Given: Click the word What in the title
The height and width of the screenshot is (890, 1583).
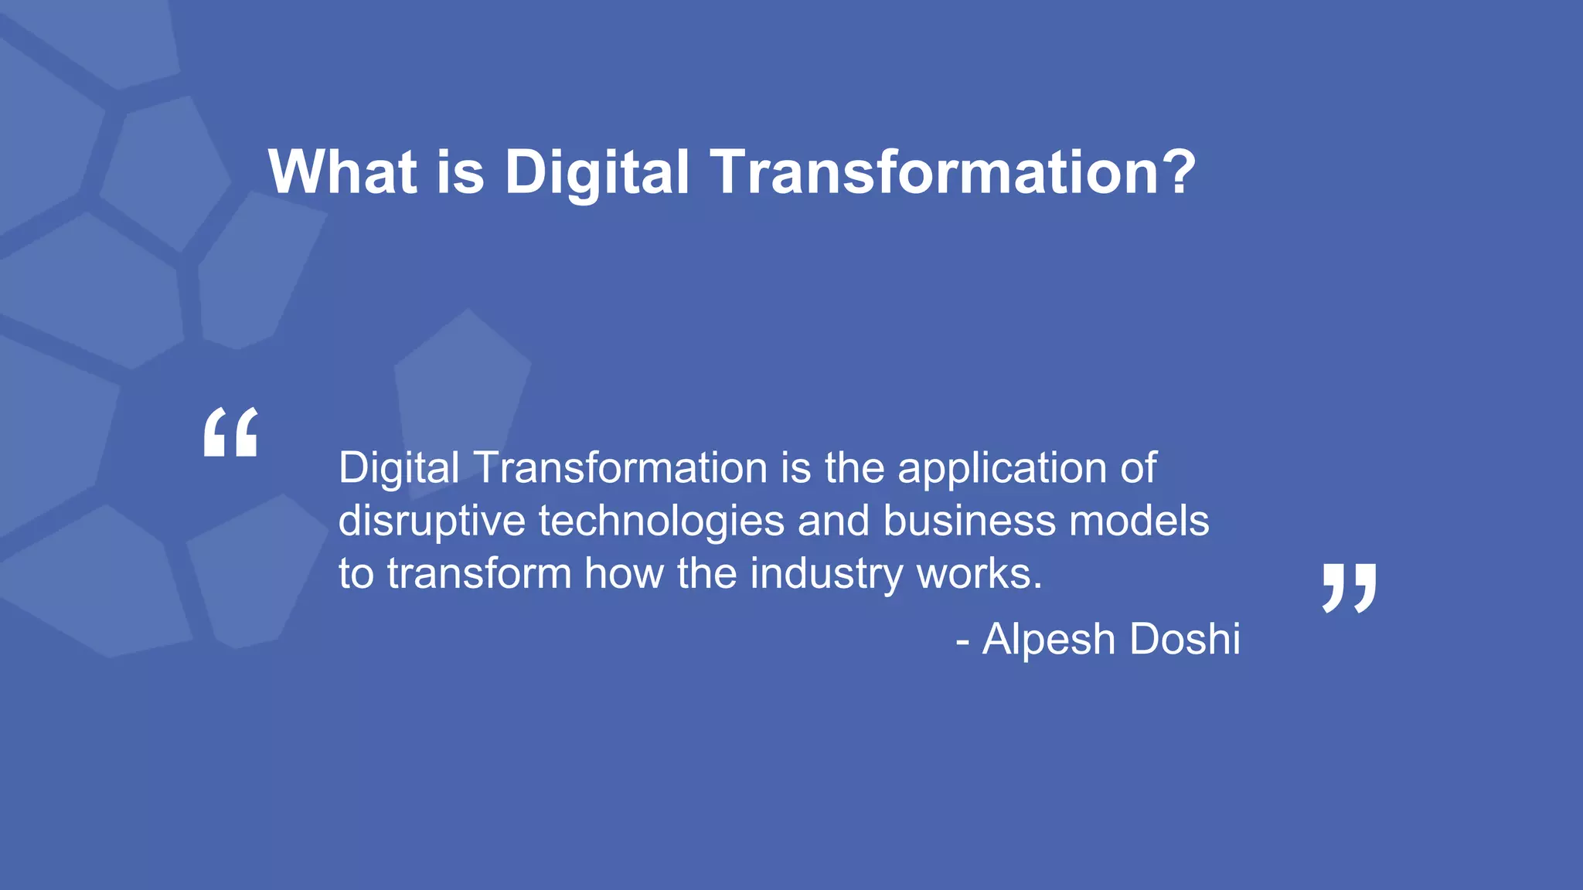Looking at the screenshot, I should pos(342,172).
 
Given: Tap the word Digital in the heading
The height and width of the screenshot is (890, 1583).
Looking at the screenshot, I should pos(596,172).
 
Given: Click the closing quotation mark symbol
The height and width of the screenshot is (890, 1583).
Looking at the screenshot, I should pos(1349,589).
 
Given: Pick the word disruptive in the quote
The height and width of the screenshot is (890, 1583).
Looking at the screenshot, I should pos(431,521).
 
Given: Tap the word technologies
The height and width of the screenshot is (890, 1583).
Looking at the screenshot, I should pos(662,521).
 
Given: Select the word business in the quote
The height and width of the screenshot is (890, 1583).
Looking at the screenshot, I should pos(969,521).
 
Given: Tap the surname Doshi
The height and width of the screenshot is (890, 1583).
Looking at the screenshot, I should pos(1184,640).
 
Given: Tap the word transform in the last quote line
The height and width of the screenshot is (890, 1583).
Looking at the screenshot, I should pos(479,574).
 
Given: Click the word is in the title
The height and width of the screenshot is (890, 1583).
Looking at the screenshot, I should pos(461,172).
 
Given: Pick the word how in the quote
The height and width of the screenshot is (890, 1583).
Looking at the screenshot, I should pos(624,574).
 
